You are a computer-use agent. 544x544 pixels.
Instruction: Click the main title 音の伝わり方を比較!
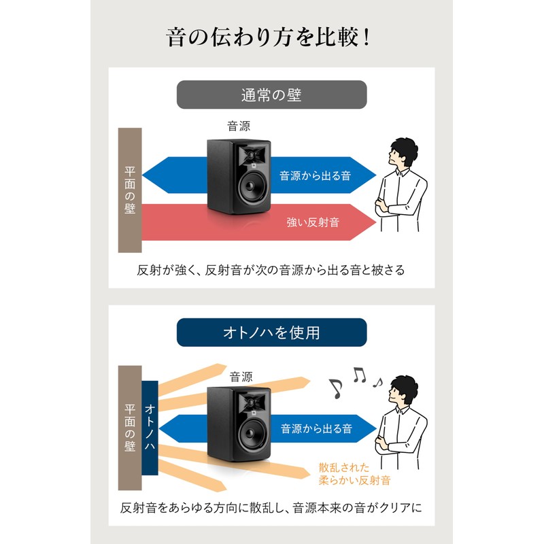268,37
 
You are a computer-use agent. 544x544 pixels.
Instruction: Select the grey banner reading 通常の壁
271,95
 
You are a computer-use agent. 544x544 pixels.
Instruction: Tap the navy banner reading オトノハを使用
271,333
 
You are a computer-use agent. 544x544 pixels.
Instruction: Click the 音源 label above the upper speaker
239,126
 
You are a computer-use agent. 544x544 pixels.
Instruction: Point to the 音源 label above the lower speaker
241,377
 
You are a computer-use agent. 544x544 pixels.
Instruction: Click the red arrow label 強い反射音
313,222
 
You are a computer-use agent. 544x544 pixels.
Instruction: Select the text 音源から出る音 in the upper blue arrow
316,175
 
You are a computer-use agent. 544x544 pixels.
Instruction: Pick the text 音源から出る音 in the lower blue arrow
316,429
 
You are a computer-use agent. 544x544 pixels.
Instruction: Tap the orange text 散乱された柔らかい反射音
354,474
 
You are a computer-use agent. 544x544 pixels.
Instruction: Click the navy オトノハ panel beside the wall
150,428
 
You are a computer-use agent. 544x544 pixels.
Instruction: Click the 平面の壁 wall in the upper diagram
130,190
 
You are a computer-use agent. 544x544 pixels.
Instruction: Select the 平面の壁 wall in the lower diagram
130,428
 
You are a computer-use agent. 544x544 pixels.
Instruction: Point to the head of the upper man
403,153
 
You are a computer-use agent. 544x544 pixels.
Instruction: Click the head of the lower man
403,390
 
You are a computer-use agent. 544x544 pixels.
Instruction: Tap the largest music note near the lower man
336,388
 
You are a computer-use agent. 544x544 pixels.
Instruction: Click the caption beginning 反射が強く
271,270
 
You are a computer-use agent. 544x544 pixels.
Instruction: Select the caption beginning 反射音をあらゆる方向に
271,508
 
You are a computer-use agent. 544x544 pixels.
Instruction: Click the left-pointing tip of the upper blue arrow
142,175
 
